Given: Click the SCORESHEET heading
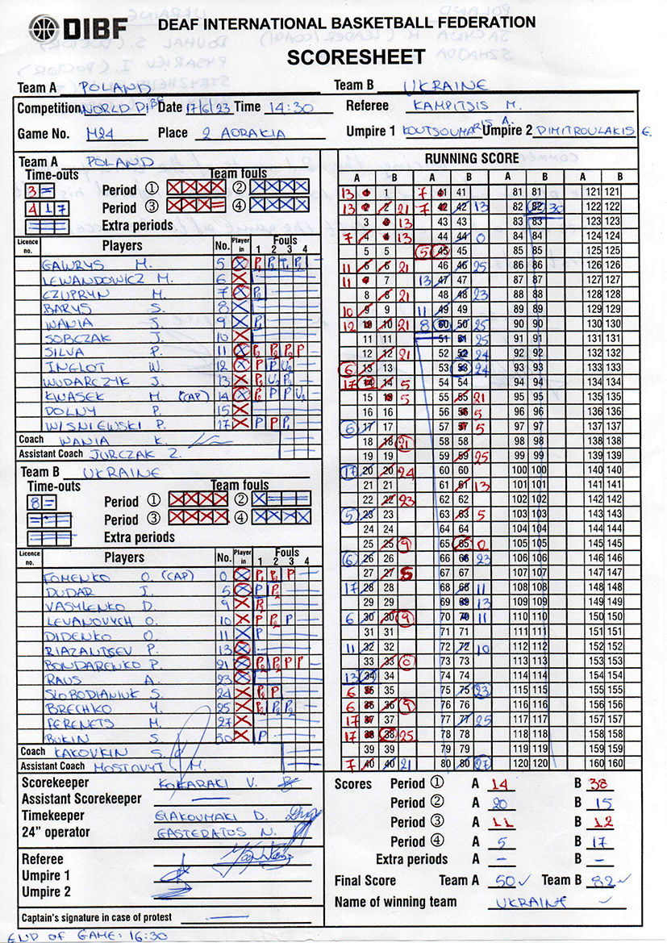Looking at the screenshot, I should click(x=355, y=56).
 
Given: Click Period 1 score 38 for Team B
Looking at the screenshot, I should click(x=601, y=784).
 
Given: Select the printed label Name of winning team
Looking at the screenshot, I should click(x=395, y=902).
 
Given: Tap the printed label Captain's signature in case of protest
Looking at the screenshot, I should click(x=96, y=918).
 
